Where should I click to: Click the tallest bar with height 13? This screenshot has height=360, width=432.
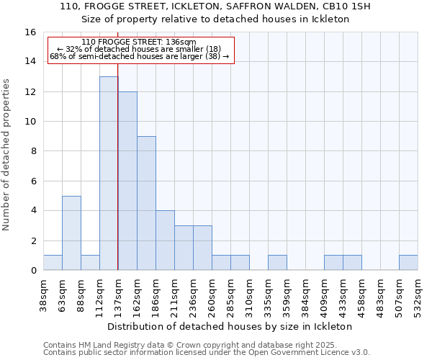[x=109, y=174]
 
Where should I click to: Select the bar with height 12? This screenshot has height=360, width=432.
[x=127, y=181]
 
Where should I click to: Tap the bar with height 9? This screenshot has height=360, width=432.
[x=146, y=203]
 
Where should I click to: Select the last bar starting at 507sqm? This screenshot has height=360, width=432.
[x=408, y=263]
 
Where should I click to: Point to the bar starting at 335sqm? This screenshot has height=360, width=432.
[x=277, y=263]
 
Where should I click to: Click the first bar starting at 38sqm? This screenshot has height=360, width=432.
[x=53, y=263]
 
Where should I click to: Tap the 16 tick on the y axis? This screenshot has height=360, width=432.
[x=30, y=32]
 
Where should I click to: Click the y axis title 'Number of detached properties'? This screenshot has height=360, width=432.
[x=6, y=164]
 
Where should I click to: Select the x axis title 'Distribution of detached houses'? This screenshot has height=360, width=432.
[x=234, y=326]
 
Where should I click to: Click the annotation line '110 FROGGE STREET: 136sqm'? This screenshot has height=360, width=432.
[x=138, y=42]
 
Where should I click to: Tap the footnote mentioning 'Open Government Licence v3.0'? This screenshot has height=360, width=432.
[x=206, y=352]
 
